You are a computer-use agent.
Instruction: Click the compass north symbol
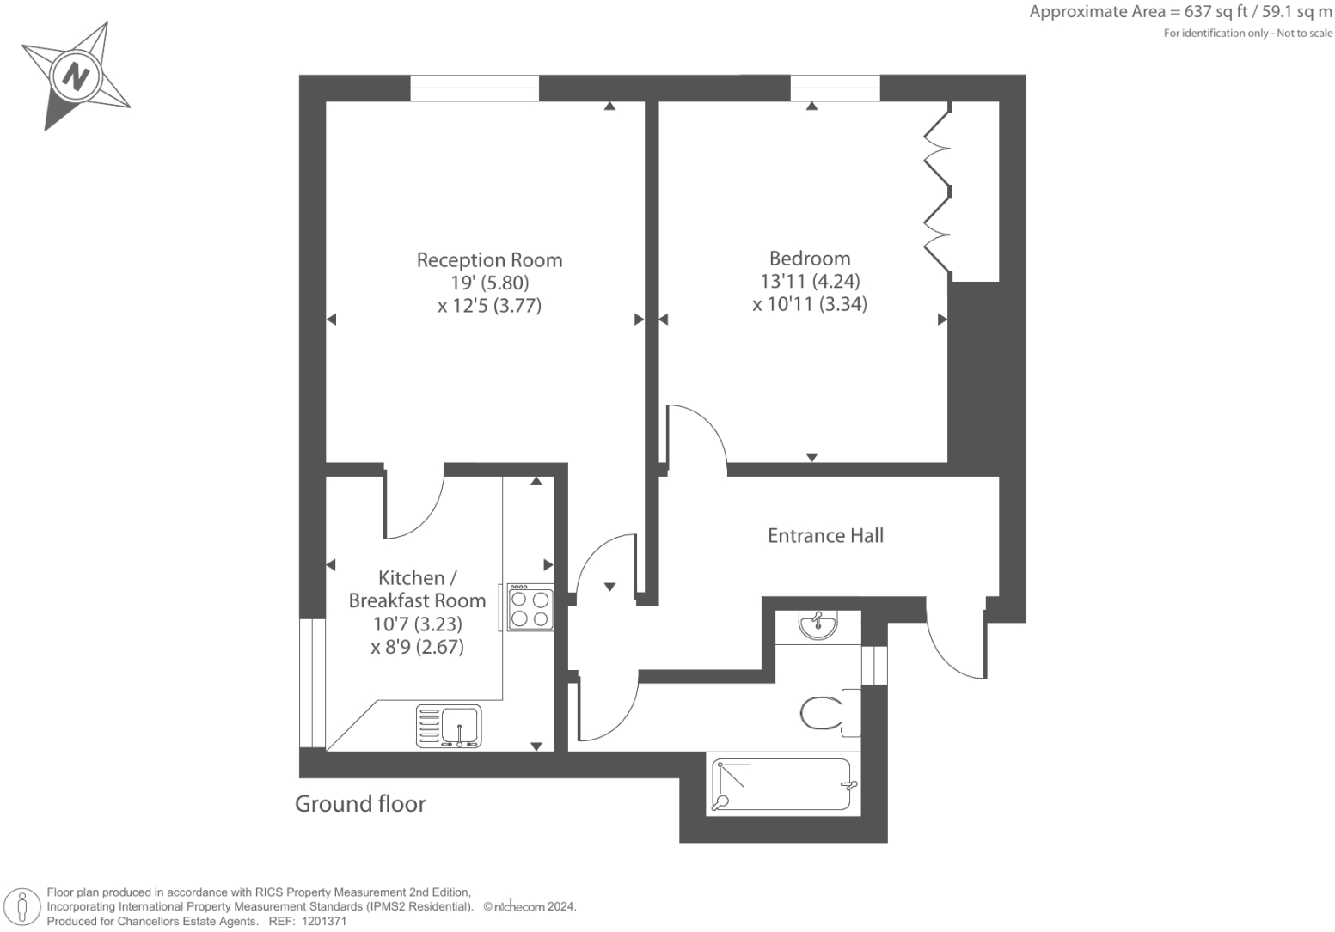tap(76, 77)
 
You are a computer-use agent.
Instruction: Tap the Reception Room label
tap(489, 259)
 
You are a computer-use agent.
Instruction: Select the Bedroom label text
tap(810, 258)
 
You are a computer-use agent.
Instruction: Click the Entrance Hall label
tap(825, 535)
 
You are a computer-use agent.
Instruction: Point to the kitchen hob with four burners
tap(530, 608)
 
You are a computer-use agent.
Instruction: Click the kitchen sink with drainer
tap(450, 726)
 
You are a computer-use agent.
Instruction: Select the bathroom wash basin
tap(817, 624)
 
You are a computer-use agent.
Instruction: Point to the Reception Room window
tap(475, 88)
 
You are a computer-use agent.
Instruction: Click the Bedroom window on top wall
tap(835, 88)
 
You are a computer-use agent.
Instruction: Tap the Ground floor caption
tap(360, 803)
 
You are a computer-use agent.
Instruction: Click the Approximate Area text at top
tap(1180, 12)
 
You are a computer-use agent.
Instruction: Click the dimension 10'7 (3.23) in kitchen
tap(417, 624)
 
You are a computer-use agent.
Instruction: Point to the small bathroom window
tap(874, 665)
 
